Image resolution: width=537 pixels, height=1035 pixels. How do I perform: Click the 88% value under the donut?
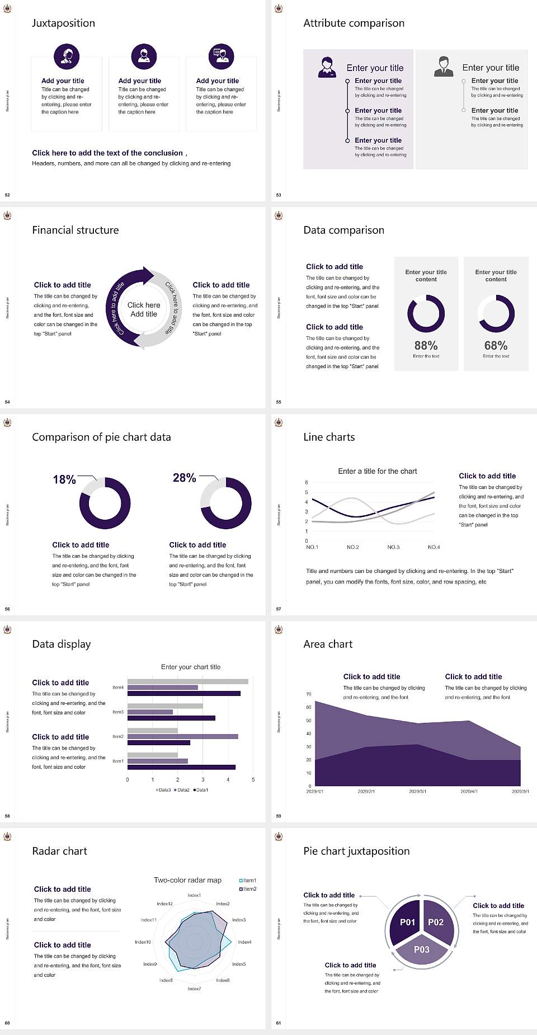tap(426, 346)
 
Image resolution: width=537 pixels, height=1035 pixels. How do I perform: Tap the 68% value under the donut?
tap(496, 346)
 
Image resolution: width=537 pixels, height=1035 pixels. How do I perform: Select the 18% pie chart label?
tap(64, 479)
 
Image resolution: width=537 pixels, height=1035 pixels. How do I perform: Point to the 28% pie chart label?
tap(185, 478)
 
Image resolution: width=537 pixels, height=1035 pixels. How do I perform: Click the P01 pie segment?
tap(407, 922)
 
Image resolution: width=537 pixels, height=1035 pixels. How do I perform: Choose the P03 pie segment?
tap(422, 949)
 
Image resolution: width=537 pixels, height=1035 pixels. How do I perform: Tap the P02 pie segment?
tap(436, 922)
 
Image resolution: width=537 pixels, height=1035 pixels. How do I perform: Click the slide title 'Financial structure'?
tap(76, 230)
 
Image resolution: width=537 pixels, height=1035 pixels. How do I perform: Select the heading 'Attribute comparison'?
tap(354, 23)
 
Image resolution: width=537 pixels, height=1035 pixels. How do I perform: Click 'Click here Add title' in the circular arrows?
tap(144, 309)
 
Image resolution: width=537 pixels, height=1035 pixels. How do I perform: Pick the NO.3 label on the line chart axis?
tap(393, 547)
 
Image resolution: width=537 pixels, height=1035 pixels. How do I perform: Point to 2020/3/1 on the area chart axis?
tap(417, 791)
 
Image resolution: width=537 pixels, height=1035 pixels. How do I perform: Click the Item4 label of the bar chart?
tap(118, 687)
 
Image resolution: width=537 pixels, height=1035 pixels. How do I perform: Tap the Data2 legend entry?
tap(182, 790)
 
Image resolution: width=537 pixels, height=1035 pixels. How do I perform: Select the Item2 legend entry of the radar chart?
tap(248, 889)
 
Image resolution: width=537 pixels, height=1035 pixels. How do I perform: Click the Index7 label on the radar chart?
tap(194, 989)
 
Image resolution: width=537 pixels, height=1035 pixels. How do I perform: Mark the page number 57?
tap(279, 609)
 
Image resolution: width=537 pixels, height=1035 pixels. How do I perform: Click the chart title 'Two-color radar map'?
tap(187, 880)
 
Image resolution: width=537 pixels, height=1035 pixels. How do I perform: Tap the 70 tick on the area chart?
tap(309, 694)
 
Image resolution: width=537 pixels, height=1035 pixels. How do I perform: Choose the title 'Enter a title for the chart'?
tap(378, 471)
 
